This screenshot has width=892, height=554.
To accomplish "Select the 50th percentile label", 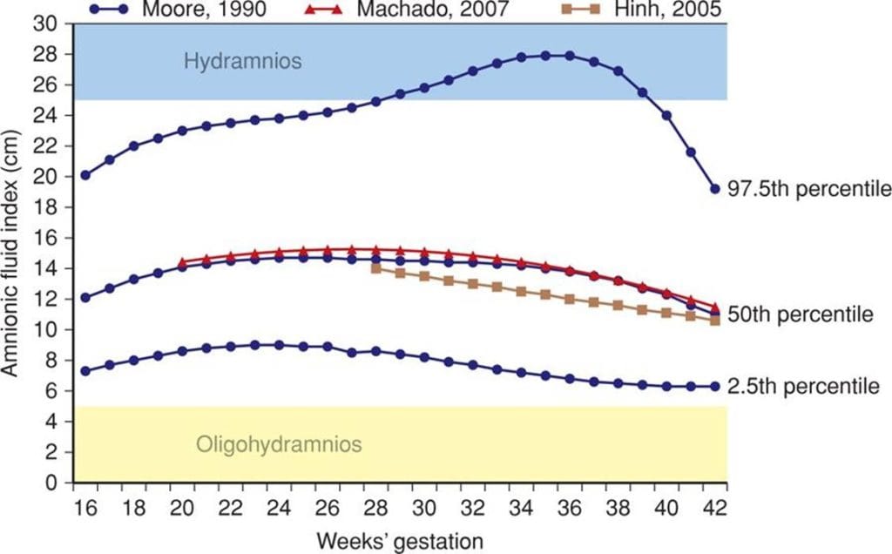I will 795,314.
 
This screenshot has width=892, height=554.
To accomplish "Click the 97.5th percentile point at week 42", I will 715,188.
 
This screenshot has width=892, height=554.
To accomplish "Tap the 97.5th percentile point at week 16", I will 84,175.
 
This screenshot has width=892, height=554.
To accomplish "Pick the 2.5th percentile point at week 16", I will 84,371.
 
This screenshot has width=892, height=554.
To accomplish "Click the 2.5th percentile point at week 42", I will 715,386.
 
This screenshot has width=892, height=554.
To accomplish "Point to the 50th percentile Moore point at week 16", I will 84,297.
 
